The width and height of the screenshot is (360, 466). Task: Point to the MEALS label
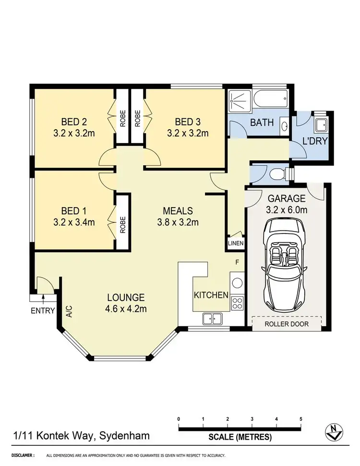pos(178,210)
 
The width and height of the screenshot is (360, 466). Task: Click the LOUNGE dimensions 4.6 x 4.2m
pos(126,308)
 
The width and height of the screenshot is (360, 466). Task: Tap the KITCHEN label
pos(211,295)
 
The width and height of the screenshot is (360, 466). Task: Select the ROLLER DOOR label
pos(287,324)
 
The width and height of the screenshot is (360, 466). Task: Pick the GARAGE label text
pos(287,198)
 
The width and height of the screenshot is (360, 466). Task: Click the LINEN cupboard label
pos(236,244)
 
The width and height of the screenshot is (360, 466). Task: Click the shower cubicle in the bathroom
pos(239,101)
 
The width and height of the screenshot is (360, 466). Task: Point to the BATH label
pos(262,123)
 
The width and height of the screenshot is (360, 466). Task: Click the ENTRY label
pos(43,310)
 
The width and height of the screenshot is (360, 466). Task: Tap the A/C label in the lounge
pos(70,313)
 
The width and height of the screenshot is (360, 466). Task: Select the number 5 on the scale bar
pos(301,419)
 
